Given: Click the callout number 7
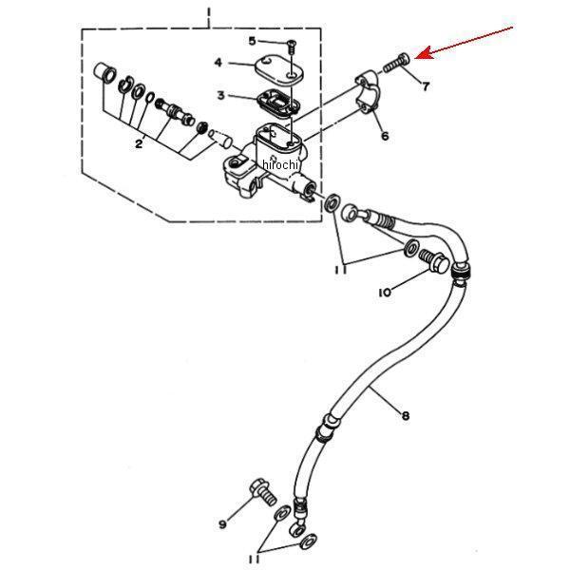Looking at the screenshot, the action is tap(426, 86).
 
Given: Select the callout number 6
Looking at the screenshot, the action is tap(385, 136).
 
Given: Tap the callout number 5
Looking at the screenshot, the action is tap(252, 41).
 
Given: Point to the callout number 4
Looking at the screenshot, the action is tap(218, 63).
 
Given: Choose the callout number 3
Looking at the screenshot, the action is tap(220, 95).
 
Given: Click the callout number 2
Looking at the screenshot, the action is tap(139, 144).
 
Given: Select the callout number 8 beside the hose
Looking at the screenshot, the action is tap(406, 415).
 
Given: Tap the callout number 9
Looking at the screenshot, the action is tap(222, 523).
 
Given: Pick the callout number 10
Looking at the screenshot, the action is tap(385, 293).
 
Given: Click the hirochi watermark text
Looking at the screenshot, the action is tap(280, 164).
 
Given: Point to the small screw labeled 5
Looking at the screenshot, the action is tap(292, 47).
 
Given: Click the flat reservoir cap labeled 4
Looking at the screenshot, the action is tap(278, 69).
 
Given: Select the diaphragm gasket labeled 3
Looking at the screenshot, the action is tap(278, 104).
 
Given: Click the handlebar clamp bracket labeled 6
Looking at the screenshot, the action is tap(367, 91).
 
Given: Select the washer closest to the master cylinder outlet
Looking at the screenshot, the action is tap(332, 203).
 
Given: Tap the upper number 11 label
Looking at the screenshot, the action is tap(340, 270).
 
